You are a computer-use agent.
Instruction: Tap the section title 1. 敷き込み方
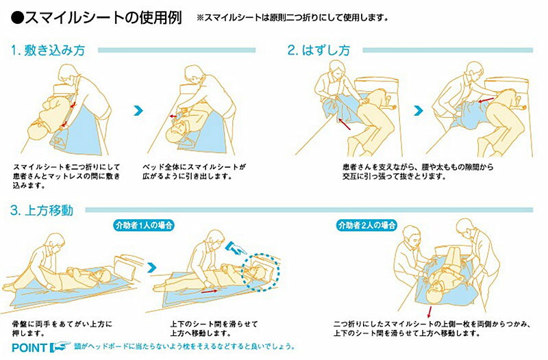[48, 50]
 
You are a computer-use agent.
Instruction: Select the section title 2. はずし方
[319, 50]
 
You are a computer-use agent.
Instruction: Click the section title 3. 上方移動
[42, 210]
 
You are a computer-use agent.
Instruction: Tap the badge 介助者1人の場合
[144, 225]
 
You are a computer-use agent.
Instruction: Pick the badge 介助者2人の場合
[367, 225]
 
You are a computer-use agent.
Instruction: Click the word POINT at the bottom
[29, 348]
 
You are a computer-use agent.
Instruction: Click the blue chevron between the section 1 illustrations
[138, 111]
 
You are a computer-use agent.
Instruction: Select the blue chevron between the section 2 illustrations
[419, 111]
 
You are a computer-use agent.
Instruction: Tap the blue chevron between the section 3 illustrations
[152, 268]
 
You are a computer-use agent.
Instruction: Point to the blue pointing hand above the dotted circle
[236, 247]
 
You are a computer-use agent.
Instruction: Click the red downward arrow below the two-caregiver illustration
[429, 312]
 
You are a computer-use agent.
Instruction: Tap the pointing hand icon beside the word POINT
[60, 346]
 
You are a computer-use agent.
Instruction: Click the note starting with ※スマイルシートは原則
[292, 18]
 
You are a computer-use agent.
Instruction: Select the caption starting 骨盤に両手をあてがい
[62, 329]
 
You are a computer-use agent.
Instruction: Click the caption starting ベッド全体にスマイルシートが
[194, 172]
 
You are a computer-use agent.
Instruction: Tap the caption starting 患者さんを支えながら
[418, 172]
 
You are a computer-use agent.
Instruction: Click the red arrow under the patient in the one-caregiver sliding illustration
[209, 291]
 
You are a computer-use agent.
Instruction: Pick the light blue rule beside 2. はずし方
[448, 50]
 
